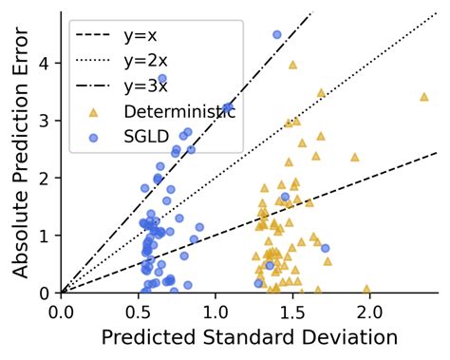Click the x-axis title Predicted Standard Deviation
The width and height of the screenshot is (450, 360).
(x=249, y=336)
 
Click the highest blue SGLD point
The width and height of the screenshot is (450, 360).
(x=277, y=34)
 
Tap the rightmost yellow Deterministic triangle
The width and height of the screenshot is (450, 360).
(x=423, y=96)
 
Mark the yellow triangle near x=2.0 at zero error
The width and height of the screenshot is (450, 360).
(x=366, y=289)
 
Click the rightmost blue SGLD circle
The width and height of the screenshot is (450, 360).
(x=326, y=248)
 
